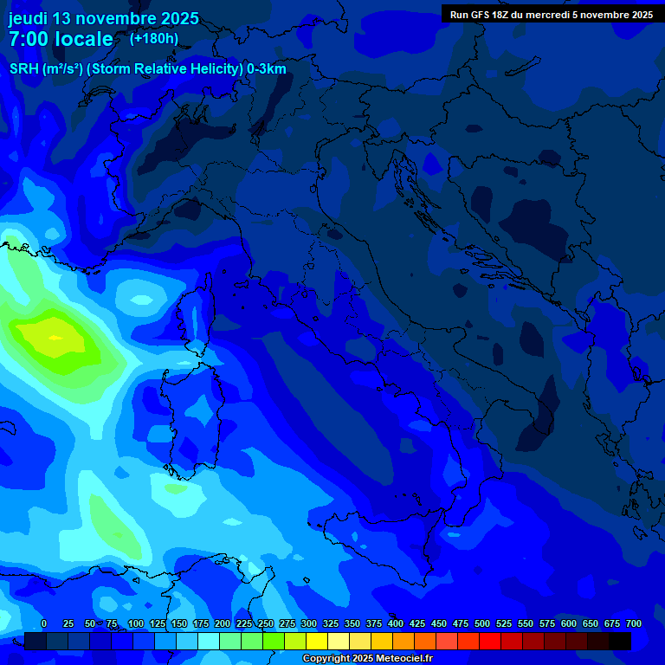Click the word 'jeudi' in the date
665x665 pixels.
pyautogui.click(x=29, y=18)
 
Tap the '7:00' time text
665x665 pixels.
pyautogui.click(x=27, y=39)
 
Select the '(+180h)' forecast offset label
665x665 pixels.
pyautogui.click(x=153, y=38)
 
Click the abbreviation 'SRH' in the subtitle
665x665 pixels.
pyautogui.click(x=24, y=69)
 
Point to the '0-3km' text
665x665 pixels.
pyautogui.click(x=266, y=69)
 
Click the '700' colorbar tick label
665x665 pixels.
pyautogui.click(x=633, y=623)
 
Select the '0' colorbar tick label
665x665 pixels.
pyautogui.click(x=44, y=623)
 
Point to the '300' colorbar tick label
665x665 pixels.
pyautogui.click(x=308, y=623)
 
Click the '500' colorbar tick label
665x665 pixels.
pyautogui.click(x=482, y=623)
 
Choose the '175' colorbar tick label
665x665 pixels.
pyautogui.click(x=200, y=623)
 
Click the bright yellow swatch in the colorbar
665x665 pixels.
pyautogui.click(x=317, y=642)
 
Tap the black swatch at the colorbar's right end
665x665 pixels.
pyautogui.click(x=620, y=642)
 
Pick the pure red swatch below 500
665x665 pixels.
pyautogui.click(x=490, y=642)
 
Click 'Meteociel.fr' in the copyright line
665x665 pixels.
pyautogui.click(x=404, y=659)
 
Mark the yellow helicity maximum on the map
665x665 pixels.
pyautogui.click(x=54, y=336)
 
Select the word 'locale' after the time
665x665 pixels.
pyautogui.click(x=83, y=39)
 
